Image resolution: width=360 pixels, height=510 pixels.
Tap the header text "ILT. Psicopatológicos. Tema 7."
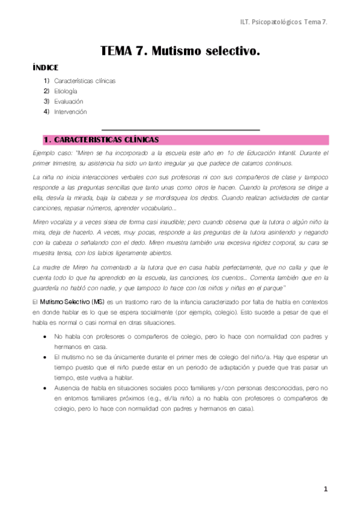pos(279,22)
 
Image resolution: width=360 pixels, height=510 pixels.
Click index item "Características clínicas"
pos(84,81)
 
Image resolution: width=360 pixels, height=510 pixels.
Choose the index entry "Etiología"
pos(66,91)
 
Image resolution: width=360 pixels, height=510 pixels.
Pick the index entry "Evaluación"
pos(69,101)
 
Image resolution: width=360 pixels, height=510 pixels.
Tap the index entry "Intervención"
pos(70,111)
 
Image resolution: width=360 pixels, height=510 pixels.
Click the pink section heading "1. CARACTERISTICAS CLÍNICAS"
pos(102,140)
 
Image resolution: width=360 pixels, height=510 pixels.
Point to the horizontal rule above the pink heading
pos(180,129)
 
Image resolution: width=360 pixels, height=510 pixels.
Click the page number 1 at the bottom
pos(326,490)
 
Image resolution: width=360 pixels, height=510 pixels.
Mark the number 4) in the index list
pos(46,111)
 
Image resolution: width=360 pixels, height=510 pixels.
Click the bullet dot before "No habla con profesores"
pos(46,336)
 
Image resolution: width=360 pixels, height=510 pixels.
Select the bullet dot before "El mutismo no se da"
pos(46,356)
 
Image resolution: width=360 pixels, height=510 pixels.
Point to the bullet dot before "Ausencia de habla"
pos(46,388)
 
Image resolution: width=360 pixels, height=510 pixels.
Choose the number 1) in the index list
pos(46,81)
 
